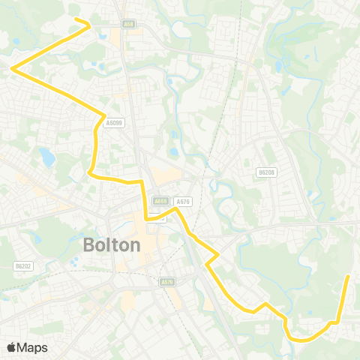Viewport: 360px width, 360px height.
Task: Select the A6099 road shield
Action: (x=115, y=123)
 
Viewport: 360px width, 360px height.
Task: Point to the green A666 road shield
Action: (x=160, y=201)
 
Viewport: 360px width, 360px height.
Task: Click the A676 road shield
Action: (x=182, y=201)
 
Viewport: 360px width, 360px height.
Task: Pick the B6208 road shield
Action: (x=266, y=172)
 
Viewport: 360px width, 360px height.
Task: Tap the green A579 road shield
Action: (x=167, y=282)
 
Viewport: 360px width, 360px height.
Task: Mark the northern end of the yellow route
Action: (x=73, y=18)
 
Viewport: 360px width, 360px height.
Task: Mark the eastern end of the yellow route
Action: (x=349, y=277)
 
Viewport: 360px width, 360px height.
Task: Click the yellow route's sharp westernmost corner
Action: (x=13, y=69)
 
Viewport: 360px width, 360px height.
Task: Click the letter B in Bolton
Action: (x=88, y=245)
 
